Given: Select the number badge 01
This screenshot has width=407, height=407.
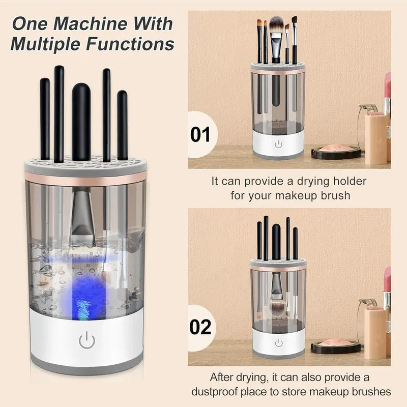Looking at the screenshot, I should [x=200, y=135].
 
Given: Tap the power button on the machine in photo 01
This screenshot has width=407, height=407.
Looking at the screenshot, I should [x=278, y=144].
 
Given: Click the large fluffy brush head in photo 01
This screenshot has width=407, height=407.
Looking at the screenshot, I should [x=276, y=26].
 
